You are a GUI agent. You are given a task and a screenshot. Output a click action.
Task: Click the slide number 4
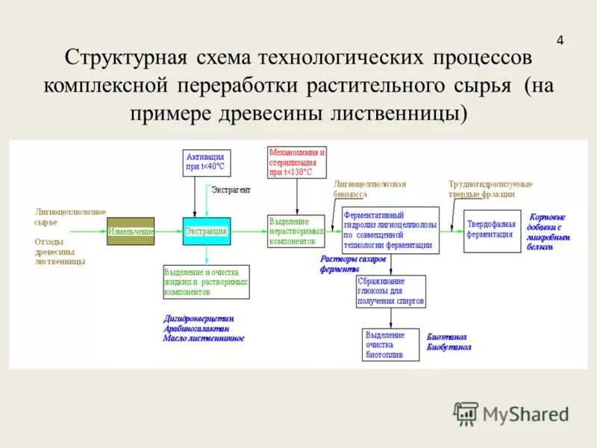coord(560,40)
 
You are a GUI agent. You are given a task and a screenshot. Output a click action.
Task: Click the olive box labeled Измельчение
coord(131,231)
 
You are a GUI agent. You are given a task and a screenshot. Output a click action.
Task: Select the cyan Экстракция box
coord(207,231)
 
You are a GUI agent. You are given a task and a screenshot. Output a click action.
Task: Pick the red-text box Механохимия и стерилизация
coord(297,162)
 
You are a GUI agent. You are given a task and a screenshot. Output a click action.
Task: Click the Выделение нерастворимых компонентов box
coord(296,231)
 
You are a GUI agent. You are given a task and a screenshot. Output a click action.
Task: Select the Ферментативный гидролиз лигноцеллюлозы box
coord(390,229)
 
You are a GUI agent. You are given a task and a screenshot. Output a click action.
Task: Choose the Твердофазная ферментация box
coord(492,230)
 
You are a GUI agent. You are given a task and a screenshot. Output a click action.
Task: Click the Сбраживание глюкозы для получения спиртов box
coord(392,292)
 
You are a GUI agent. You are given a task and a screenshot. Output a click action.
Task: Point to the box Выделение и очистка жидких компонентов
coord(206,282)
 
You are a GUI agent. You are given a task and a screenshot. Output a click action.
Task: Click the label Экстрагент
coord(231,190)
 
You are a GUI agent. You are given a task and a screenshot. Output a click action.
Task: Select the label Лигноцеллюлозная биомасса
coord(369,188)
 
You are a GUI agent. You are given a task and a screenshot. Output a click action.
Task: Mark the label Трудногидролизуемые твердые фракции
coord(490,188)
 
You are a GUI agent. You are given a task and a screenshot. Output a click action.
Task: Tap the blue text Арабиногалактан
coord(196,329)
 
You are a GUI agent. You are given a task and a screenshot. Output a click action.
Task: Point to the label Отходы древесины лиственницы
coord(60,252)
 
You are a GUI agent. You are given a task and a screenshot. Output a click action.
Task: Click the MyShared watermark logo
coord(511,413)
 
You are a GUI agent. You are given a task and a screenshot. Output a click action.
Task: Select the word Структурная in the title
coord(120,58)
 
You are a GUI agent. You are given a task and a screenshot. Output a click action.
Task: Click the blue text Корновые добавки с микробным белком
coord(548,231)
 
